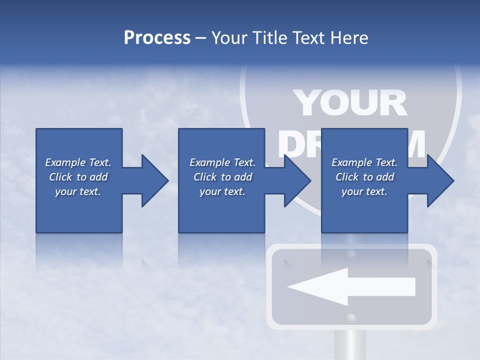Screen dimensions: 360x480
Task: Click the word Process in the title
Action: point(157,38)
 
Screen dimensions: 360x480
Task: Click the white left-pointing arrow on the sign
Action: point(350,286)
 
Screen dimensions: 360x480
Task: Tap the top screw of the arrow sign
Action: point(351,254)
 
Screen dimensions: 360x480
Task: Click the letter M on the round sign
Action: point(416,144)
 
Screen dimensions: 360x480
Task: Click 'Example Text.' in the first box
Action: point(78,162)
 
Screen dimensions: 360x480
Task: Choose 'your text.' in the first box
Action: point(78,191)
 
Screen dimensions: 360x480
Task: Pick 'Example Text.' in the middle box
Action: point(222,162)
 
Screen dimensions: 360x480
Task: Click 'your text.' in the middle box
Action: point(222,191)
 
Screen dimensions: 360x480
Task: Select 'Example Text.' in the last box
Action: point(364,162)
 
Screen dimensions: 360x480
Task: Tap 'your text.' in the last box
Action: point(364,191)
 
